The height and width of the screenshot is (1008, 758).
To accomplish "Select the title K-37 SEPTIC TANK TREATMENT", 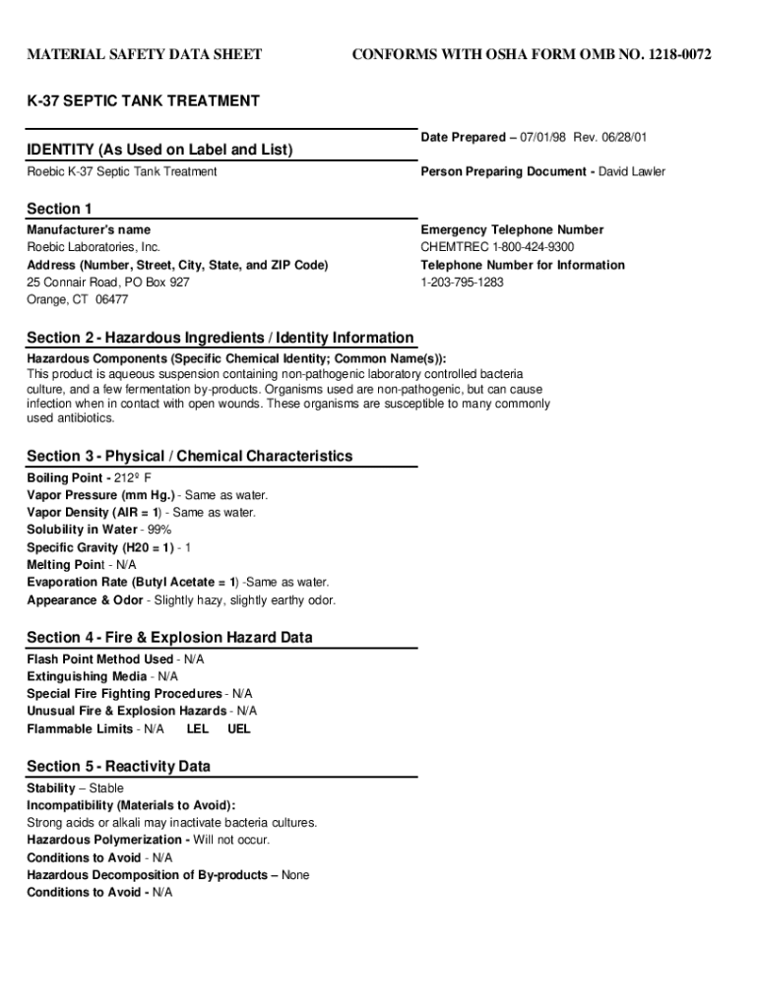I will point(143,100).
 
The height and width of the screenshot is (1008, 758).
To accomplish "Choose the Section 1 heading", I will point(59,209).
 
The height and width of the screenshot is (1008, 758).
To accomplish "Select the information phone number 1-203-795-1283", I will point(462,283).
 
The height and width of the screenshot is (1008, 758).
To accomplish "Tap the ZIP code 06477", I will point(111,299).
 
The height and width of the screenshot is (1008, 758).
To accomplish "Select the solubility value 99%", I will point(158,530).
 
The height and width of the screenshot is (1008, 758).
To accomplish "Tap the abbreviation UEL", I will point(239,729).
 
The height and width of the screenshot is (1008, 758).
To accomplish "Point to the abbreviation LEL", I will point(198,729).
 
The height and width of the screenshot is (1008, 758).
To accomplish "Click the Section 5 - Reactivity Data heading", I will point(118,767).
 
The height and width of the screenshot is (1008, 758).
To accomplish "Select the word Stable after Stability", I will point(106,788).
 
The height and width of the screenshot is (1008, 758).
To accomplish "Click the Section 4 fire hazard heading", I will point(169,638).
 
